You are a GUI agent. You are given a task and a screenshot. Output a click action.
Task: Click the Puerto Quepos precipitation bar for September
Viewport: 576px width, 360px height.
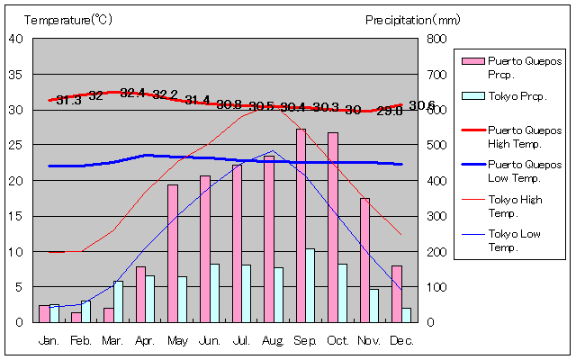301,225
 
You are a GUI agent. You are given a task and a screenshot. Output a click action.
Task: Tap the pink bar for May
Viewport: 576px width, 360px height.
173,253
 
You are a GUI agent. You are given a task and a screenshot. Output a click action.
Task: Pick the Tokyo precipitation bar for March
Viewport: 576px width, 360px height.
118,301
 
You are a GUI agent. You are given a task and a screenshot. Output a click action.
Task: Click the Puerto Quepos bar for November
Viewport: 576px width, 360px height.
364,260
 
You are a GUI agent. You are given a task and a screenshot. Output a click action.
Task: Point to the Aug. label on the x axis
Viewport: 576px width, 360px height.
274,340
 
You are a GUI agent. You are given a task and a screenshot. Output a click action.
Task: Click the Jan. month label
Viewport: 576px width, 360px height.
49,340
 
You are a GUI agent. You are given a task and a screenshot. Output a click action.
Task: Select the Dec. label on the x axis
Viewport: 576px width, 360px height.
401,340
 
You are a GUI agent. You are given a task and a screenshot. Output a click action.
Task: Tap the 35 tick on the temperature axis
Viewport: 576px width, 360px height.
17,74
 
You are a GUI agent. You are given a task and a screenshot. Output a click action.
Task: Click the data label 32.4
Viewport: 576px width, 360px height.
132,93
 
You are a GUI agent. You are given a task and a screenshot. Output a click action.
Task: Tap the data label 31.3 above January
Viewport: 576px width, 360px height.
68,100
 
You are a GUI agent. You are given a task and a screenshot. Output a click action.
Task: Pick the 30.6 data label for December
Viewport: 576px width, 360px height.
421,105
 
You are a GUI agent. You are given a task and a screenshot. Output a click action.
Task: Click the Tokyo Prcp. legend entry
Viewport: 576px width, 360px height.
517,96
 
